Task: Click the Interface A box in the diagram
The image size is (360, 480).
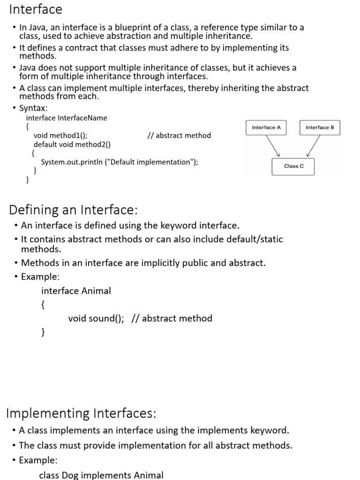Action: click(266, 127)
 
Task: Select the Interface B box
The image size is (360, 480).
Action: click(320, 127)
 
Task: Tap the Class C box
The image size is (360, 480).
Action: click(293, 166)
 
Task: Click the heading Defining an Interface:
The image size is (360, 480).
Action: click(74, 209)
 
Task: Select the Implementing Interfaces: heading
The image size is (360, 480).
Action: click(81, 413)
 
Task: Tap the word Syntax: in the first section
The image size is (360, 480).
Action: click(33, 108)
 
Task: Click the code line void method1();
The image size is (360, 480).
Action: click(60, 135)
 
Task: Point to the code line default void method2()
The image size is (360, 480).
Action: click(72, 144)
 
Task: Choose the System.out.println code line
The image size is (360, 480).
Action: click(120, 162)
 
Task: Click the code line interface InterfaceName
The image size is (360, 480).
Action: click(67, 118)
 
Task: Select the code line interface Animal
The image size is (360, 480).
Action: click(76, 291)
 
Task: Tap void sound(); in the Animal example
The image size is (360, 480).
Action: click(96, 319)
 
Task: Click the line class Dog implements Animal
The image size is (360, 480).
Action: click(101, 475)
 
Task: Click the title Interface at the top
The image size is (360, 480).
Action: click(36, 9)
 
